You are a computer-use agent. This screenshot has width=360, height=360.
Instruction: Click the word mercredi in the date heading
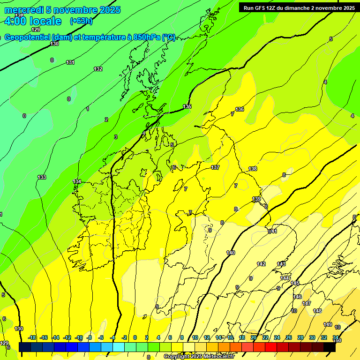[24, 10]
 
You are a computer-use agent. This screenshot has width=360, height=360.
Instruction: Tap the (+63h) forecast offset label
[82, 21]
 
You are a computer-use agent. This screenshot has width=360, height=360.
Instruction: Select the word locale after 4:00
[45, 21]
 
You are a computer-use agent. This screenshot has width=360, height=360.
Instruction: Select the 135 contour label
[187, 107]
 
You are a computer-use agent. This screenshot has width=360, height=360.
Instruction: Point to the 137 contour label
[215, 167]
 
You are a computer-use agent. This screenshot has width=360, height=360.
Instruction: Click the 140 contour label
[231, 253]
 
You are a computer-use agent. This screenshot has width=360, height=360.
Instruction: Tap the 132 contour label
[98, 69]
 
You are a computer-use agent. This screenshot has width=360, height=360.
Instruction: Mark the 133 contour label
[42, 177]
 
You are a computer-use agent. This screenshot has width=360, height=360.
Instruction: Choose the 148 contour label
[317, 311]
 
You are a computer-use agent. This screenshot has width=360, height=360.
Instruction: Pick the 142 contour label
[261, 264]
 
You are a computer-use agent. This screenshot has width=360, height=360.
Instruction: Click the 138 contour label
[253, 169]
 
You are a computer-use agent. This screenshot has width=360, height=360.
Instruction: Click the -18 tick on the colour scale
[32, 338]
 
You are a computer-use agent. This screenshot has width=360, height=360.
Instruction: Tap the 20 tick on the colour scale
[254, 338]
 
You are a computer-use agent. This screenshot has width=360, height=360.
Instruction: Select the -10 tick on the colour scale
[79, 338]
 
